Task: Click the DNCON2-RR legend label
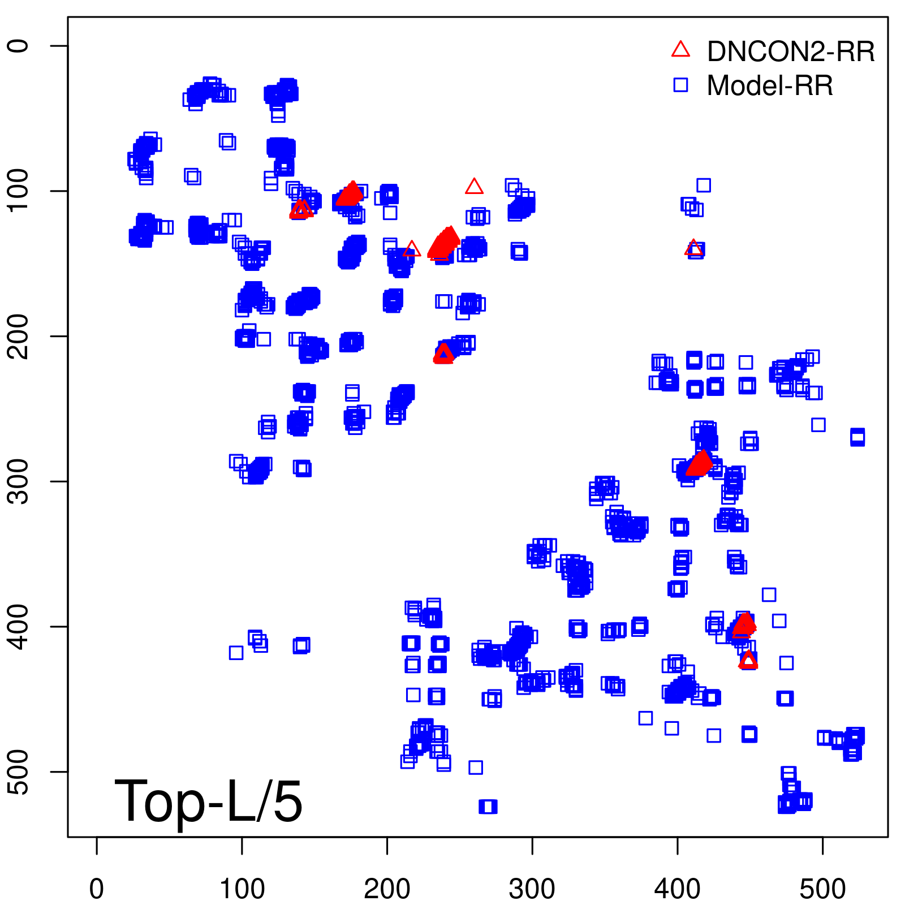click(x=790, y=51)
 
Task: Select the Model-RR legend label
click(x=770, y=86)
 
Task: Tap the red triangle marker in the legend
click(x=680, y=50)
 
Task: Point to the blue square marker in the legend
click(x=680, y=85)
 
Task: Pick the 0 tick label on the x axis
click(x=97, y=889)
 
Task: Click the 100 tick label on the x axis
click(x=242, y=889)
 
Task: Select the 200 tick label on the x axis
click(x=387, y=889)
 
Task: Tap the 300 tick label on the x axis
click(x=532, y=889)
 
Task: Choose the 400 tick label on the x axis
click(x=678, y=889)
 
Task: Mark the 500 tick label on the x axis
click(x=822, y=889)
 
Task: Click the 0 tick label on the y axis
click(x=19, y=46)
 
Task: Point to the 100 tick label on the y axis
click(x=19, y=191)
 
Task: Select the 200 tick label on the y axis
click(x=19, y=336)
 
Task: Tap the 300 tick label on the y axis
click(x=19, y=481)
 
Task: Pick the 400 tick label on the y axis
click(x=19, y=626)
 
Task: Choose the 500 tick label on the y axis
click(x=19, y=772)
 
